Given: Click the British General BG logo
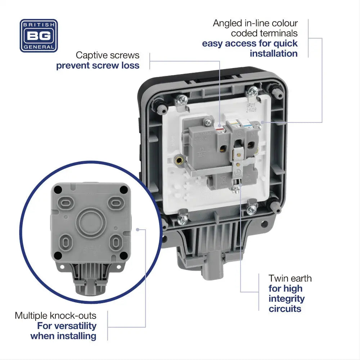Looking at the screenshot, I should [39, 36].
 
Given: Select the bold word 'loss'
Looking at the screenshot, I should [129, 66].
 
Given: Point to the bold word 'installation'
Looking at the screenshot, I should [274, 54].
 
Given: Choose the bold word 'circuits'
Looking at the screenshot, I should [285, 309].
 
